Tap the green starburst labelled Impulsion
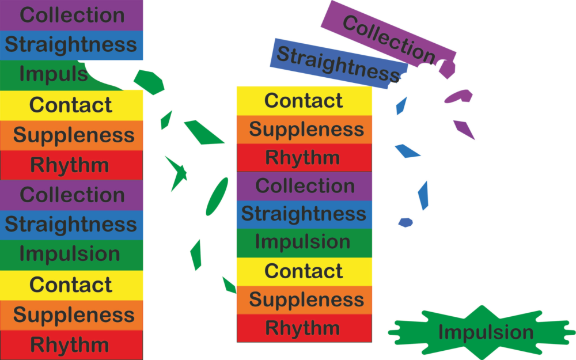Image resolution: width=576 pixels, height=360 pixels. pyautogui.click(x=484, y=332)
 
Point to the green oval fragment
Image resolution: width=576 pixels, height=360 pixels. pyautogui.click(x=217, y=196)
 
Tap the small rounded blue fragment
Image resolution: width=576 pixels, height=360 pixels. pyautogui.click(x=406, y=222)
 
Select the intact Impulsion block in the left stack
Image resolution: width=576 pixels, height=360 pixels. pyautogui.click(x=71, y=254)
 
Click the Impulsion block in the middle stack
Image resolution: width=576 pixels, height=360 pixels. pyautogui.click(x=304, y=242)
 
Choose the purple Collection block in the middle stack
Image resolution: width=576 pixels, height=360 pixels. pyautogui.click(x=304, y=186)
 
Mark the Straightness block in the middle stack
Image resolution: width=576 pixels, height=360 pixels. pyautogui.click(x=304, y=214)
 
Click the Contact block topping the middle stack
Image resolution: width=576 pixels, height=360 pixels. pyautogui.click(x=304, y=101)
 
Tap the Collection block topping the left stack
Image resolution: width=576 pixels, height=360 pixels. pyautogui.click(x=71, y=15)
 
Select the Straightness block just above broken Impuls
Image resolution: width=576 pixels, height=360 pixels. pyautogui.click(x=71, y=45)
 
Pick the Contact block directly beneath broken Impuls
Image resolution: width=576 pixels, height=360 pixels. pyautogui.click(x=71, y=105)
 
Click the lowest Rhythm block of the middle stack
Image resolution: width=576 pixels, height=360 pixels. pyautogui.click(x=304, y=328)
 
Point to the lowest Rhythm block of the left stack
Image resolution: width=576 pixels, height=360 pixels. pyautogui.click(x=71, y=346)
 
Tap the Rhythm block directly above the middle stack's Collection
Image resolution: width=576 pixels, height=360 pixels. pyautogui.click(x=304, y=157)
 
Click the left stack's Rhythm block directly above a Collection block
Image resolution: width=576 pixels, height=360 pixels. pyautogui.click(x=71, y=165)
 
